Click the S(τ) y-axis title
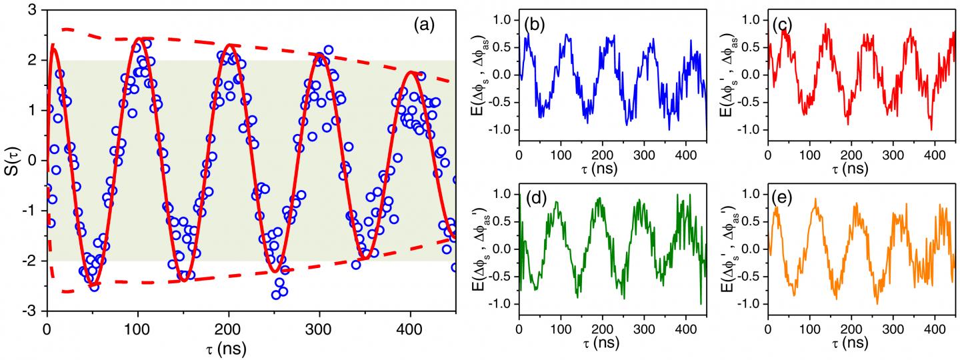[x=11, y=160]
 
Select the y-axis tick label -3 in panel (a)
[x=29, y=311]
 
